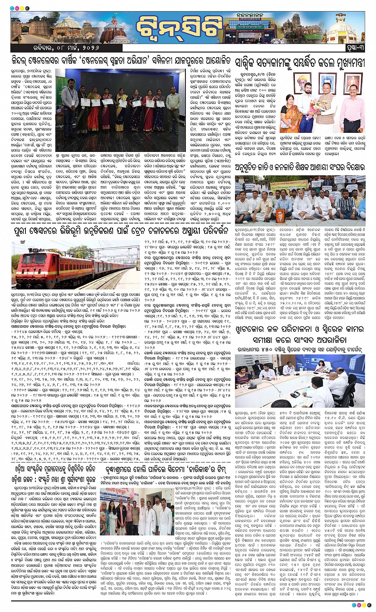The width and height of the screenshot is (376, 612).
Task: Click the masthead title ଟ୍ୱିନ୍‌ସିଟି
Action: click(179, 27)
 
